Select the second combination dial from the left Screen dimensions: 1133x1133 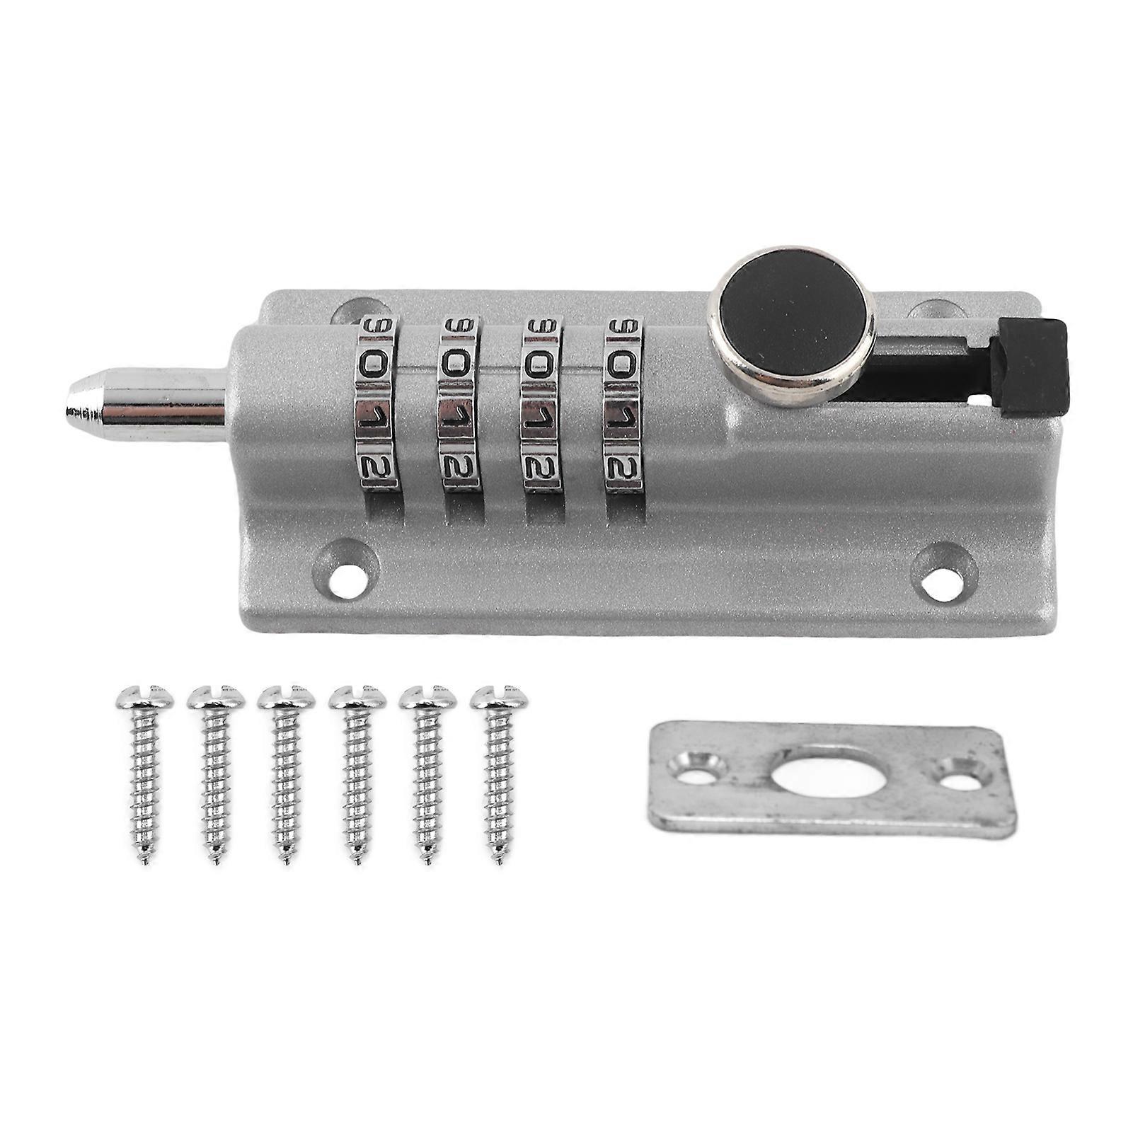459,403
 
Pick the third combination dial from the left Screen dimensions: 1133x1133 541,403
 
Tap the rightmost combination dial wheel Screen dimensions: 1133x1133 623,403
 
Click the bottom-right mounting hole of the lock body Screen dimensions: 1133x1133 943,579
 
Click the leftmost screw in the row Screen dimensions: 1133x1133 144,771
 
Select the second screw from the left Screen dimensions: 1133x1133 215,771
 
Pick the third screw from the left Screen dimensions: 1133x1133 286,771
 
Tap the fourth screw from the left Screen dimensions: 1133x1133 357,771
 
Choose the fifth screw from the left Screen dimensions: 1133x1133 427,771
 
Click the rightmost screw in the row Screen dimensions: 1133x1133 499,771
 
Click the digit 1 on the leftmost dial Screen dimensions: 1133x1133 375,415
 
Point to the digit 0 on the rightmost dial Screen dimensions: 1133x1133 623,366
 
